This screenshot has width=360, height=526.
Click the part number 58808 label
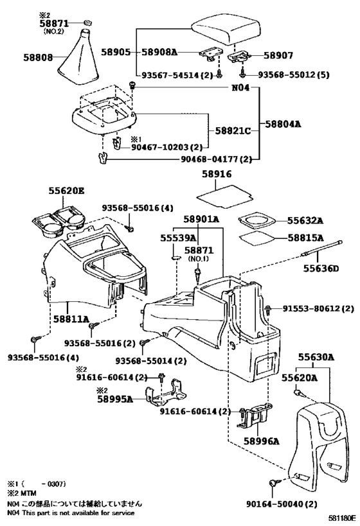click(x=21, y=57)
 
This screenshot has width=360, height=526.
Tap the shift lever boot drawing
click(x=84, y=54)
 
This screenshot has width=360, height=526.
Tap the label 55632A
click(x=305, y=220)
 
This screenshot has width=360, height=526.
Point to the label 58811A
click(x=71, y=318)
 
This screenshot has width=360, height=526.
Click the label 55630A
click(x=316, y=356)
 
